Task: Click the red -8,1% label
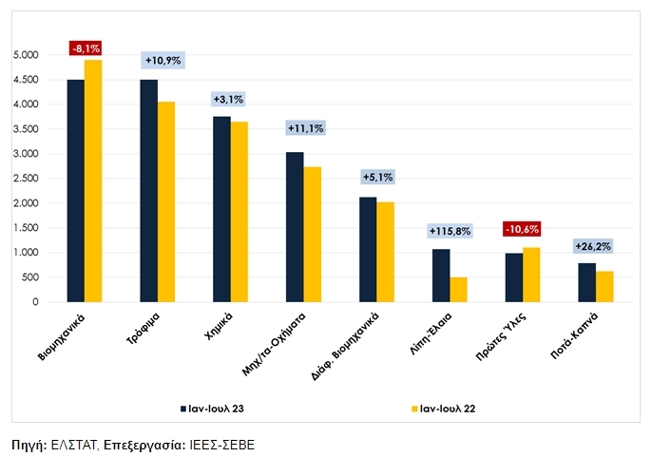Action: click(x=85, y=48)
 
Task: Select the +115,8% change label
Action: click(x=450, y=231)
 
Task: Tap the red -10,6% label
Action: click(x=522, y=229)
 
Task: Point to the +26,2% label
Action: click(x=594, y=246)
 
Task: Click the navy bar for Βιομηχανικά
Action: click(x=76, y=190)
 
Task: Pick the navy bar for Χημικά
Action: click(x=221, y=209)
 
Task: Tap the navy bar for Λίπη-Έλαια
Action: click(x=441, y=276)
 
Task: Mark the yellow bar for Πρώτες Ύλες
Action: click(x=530, y=275)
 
